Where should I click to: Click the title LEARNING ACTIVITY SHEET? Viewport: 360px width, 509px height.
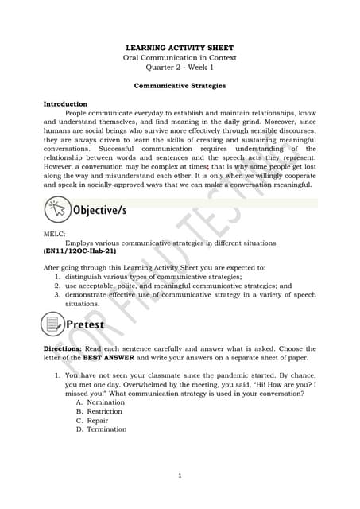(180, 48)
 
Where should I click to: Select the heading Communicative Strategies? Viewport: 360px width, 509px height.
(180, 84)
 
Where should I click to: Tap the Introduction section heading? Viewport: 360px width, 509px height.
(65, 104)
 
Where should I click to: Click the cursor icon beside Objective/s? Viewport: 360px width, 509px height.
(56, 211)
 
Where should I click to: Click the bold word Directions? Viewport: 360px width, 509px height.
(62, 349)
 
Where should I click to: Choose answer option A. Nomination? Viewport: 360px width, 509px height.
(101, 402)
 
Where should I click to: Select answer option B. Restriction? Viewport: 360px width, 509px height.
(100, 411)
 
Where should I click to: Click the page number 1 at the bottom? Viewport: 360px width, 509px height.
(180, 476)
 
